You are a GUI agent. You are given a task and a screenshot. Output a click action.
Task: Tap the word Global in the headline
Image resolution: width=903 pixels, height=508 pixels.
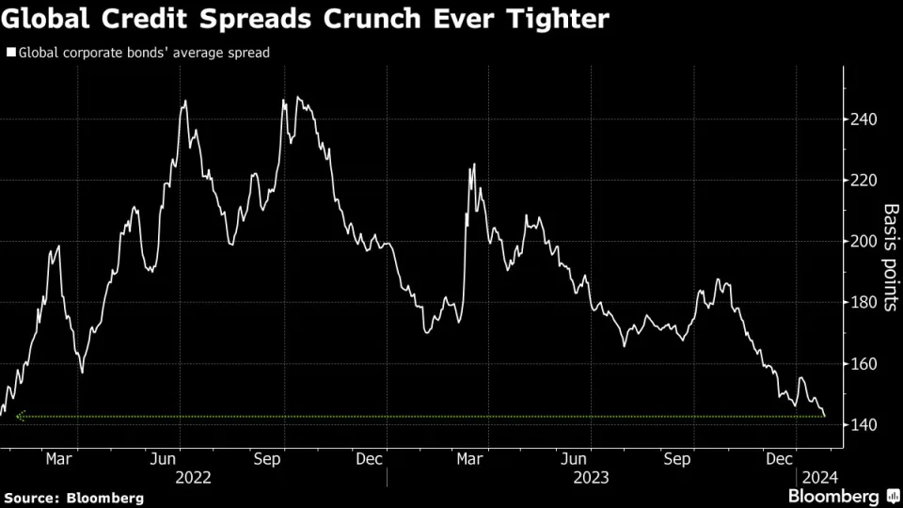(x=46, y=18)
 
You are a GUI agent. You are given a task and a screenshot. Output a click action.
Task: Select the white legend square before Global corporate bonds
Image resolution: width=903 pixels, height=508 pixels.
(x=10, y=53)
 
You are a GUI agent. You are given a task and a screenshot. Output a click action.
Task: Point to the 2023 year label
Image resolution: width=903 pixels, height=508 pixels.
(x=590, y=477)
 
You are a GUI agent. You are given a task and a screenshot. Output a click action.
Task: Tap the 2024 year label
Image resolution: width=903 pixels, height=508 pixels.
(x=813, y=477)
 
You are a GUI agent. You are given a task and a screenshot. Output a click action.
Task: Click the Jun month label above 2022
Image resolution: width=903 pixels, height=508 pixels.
(x=165, y=459)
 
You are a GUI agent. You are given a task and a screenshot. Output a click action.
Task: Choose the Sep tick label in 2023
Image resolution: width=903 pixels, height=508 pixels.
(x=677, y=459)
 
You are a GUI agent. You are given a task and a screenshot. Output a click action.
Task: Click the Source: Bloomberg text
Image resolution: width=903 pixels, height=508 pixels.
(x=74, y=497)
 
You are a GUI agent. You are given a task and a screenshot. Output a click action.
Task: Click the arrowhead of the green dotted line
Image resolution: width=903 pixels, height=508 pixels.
(x=19, y=417)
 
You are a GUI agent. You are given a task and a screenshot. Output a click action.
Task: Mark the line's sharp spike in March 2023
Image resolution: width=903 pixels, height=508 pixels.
(x=473, y=165)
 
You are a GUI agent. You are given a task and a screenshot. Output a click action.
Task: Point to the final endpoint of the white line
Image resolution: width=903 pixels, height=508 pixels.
(x=825, y=416)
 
